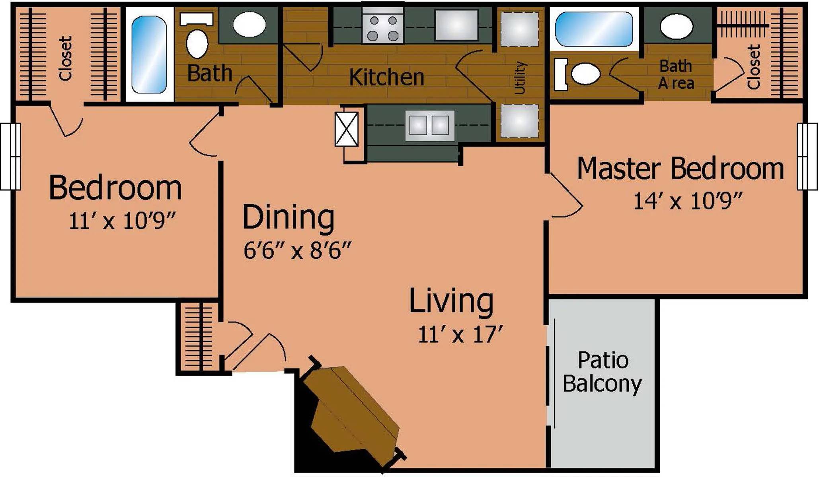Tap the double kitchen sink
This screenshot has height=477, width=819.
pos(430,126)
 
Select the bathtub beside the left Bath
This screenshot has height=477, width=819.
pos(149,55)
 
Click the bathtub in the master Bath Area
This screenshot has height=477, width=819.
pos(594,29)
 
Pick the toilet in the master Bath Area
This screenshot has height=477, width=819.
pos(579,73)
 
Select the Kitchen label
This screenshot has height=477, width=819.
pos(386,77)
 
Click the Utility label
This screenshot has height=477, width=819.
pos(520,78)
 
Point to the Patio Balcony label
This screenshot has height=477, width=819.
pos(603,372)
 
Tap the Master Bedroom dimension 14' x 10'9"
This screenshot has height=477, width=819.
pos(688,201)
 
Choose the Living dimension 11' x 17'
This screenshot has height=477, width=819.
pos(461,334)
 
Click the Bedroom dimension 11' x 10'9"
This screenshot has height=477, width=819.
pos(123,221)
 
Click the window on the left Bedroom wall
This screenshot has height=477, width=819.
pos(10,157)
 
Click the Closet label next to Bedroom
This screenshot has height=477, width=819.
pos(65,58)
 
